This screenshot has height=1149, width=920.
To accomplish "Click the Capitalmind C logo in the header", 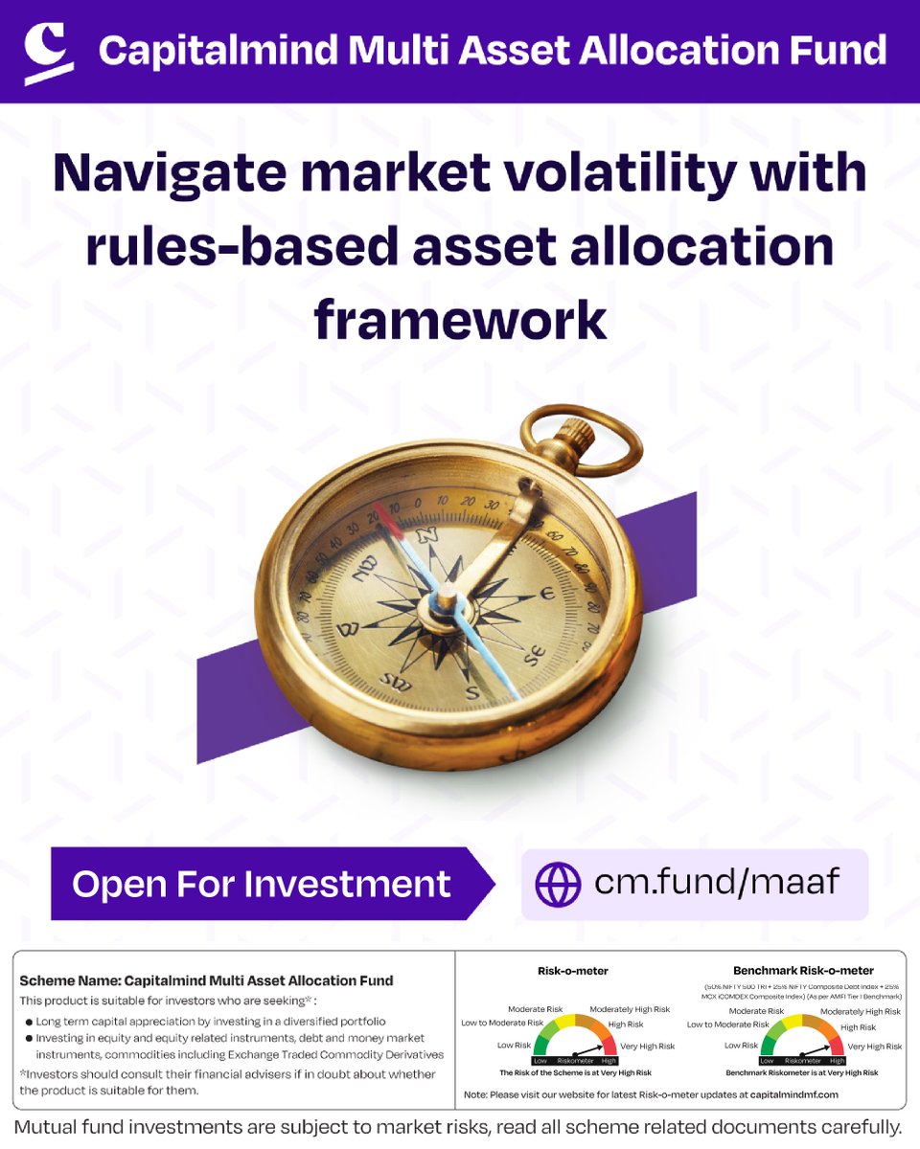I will coord(48,53).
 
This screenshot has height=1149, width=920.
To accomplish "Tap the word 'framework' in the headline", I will coord(460,320).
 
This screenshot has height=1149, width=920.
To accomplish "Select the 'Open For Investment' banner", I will coord(262,883).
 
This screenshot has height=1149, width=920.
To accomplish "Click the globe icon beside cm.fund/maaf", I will coord(558,884).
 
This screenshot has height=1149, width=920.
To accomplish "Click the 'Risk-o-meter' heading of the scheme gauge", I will coord(573,971).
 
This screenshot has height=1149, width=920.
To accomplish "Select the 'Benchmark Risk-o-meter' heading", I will coord(803,971).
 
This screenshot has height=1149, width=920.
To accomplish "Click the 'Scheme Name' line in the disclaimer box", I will coord(206,980).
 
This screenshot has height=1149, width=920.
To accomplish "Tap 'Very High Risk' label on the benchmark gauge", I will coord(875,1047).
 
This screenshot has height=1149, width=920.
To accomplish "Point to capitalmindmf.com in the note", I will coord(783,1093).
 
